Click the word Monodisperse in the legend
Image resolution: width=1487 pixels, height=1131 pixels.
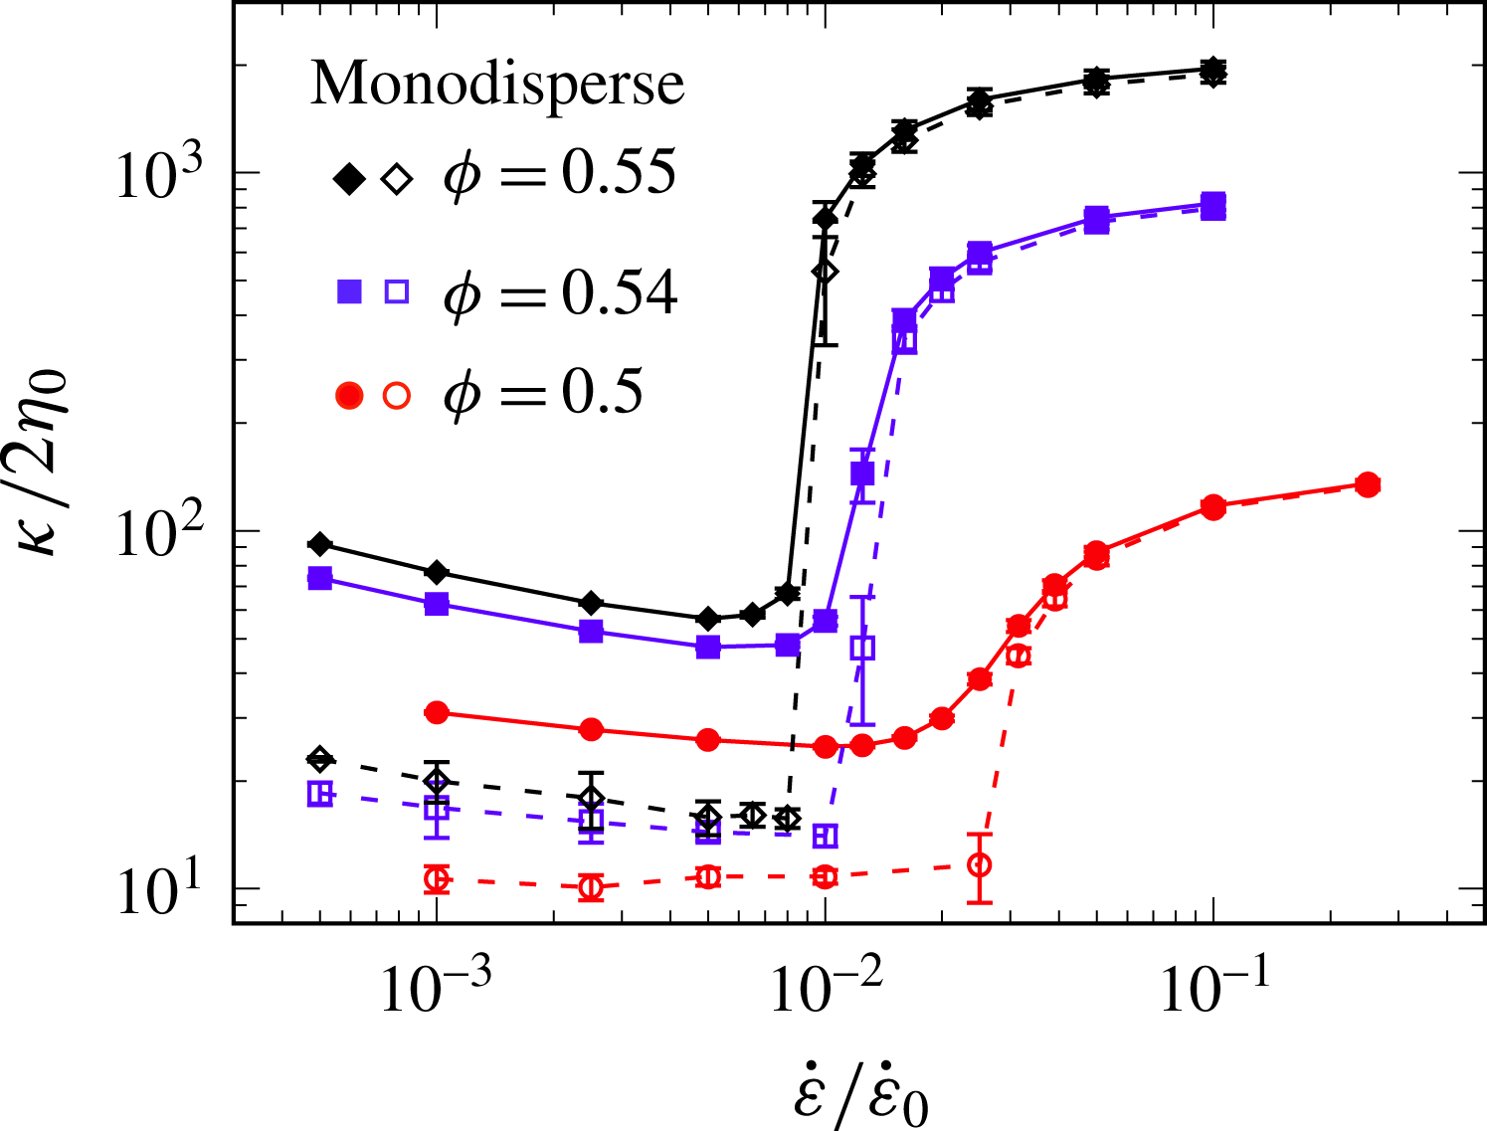pyautogui.click(x=497, y=84)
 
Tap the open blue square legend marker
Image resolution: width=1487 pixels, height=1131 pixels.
pyautogui.click(x=397, y=291)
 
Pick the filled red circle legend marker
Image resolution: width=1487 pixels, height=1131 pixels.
pyautogui.click(x=349, y=395)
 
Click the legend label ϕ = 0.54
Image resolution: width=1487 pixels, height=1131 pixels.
pyautogui.click(x=561, y=294)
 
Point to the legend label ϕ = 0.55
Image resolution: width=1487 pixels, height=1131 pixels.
pyautogui.click(x=561, y=173)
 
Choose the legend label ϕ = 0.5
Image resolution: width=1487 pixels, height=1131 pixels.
pyautogui.click(x=543, y=393)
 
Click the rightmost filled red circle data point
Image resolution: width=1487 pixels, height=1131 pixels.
pyautogui.click(x=1368, y=484)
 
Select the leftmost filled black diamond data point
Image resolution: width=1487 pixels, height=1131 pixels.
pyautogui.click(x=319, y=544)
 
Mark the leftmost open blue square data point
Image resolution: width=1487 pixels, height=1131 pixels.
pyautogui.click(x=319, y=794)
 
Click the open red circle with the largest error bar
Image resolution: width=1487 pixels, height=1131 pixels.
pyautogui.click(x=980, y=864)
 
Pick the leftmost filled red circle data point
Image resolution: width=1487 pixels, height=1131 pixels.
pyautogui.click(x=436, y=712)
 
